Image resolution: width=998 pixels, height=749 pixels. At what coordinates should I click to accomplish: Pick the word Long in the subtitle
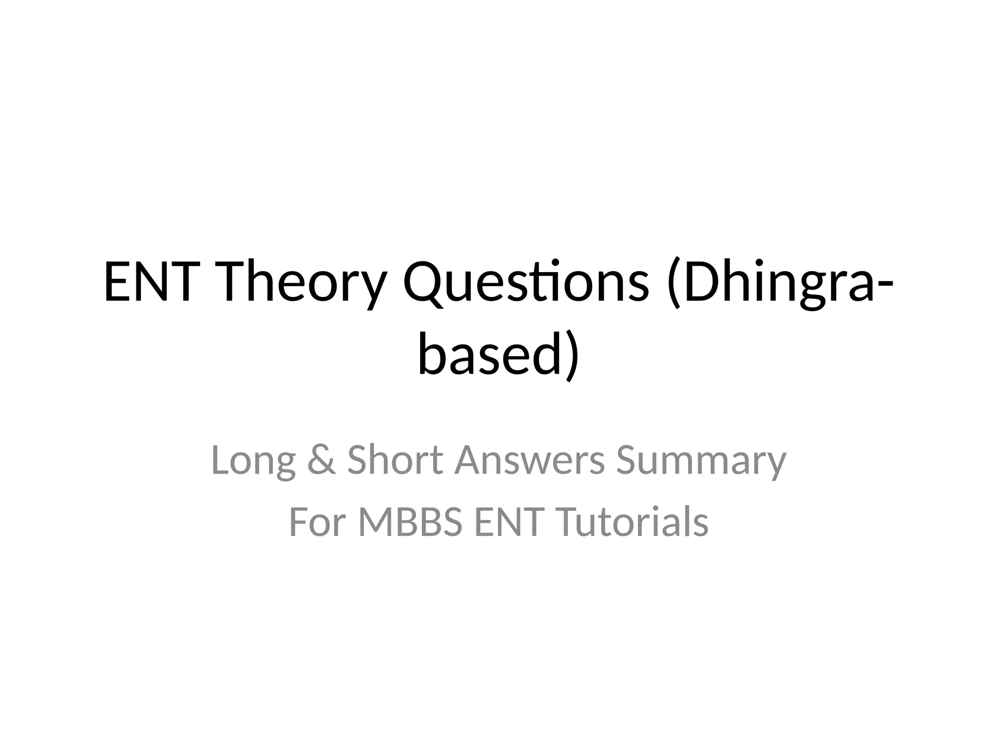click(x=253, y=460)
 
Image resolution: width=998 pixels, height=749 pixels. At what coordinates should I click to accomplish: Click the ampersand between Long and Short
click(x=322, y=460)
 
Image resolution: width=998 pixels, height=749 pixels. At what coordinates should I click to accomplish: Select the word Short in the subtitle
click(x=395, y=460)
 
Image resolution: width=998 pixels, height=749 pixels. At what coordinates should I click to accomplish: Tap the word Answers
click(x=529, y=460)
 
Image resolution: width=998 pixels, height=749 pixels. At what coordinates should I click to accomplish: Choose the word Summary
click(x=701, y=461)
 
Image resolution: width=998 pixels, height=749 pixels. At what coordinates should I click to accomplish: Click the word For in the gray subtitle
click(x=318, y=522)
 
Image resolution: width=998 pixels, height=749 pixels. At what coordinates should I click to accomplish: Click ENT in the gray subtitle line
click(x=507, y=522)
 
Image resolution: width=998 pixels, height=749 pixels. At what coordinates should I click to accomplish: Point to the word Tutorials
click(x=632, y=522)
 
